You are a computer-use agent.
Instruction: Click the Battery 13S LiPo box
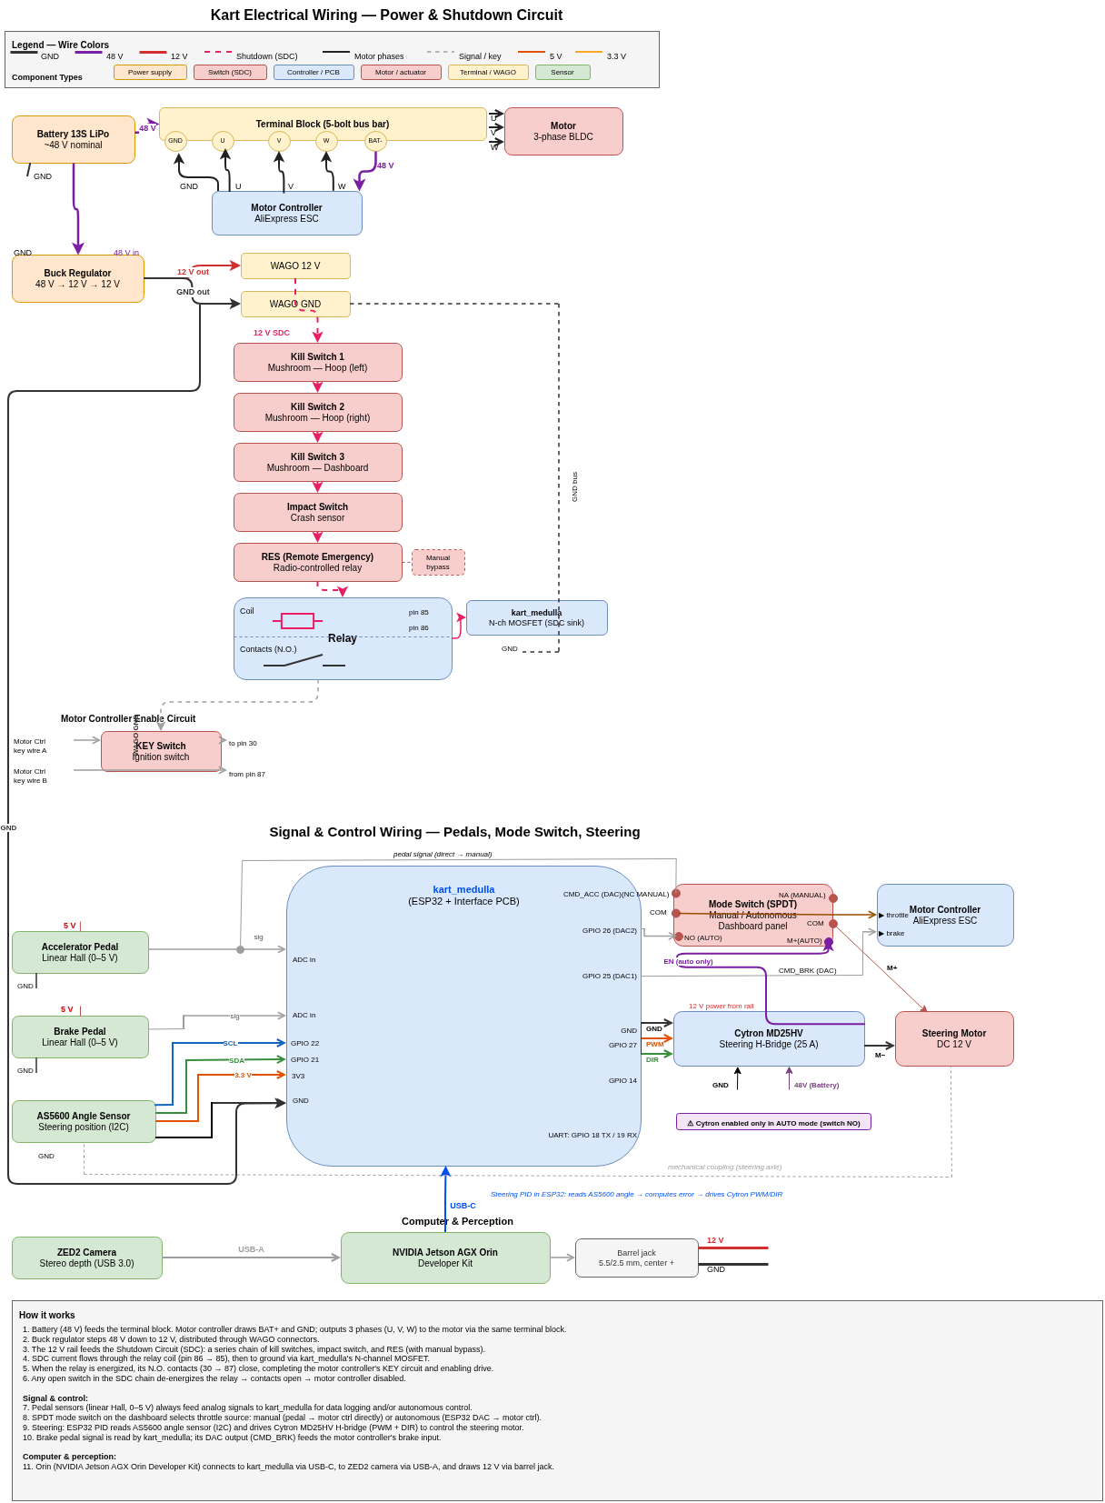73,139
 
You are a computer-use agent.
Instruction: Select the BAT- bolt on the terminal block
375,141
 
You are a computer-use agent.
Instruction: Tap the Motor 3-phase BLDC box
563,131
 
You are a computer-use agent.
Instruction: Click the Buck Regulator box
77,278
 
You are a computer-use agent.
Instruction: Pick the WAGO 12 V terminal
295,266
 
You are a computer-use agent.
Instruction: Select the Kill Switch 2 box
317,412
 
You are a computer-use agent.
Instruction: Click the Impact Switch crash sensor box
317,512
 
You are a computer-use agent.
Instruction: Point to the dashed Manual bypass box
438,562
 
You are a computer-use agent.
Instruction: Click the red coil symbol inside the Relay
297,621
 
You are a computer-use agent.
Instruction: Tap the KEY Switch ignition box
161,751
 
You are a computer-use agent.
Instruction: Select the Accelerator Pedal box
80,952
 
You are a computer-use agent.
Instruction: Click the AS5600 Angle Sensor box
84,1121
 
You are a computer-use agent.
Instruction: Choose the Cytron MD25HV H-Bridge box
769,1038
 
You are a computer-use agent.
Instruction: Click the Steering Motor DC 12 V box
954,1038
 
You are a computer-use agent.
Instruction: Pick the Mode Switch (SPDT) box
752,915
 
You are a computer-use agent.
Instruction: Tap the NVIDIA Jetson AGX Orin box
445,1258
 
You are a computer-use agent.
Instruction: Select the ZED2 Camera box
86,1258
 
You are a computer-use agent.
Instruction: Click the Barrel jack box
636,1258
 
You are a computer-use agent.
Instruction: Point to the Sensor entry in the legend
562,72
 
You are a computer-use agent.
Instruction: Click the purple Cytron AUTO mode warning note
773,1122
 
